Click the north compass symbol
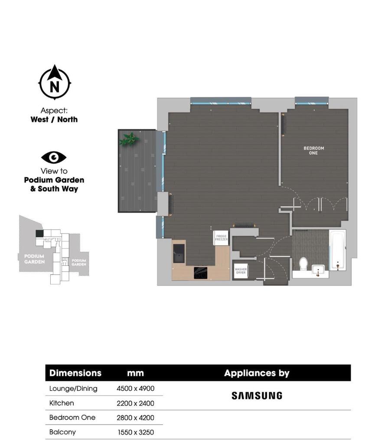pyautogui.click(x=55, y=82)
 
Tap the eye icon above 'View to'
pyautogui.click(x=54, y=158)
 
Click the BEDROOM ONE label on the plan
pyautogui.click(x=313, y=151)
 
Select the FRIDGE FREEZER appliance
pyautogui.click(x=221, y=237)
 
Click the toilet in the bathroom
pyautogui.click(x=303, y=264)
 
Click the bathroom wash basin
pyautogui.click(x=319, y=270)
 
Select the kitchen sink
pyautogui.click(x=179, y=253)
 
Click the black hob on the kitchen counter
pyautogui.click(x=200, y=273)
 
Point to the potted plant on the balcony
pyautogui.click(x=129, y=139)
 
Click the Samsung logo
pyautogui.click(x=257, y=396)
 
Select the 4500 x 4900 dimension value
pyautogui.click(x=136, y=389)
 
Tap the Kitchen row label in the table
pyautogui.click(x=62, y=403)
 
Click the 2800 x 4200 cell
pyautogui.click(x=136, y=418)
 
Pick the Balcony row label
pyautogui.click(x=62, y=432)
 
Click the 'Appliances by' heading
pyautogui.click(x=257, y=373)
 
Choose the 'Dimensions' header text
pyautogui.click(x=75, y=373)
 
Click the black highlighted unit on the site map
pyautogui.click(x=39, y=234)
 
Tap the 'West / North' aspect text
pyautogui.click(x=54, y=119)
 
